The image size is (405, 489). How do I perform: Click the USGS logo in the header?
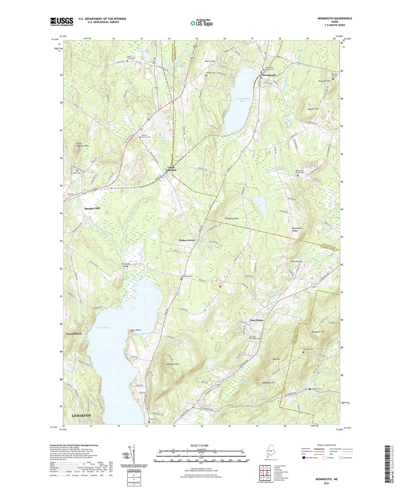(x=62, y=21)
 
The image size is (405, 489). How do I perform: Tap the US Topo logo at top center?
(x=201, y=23)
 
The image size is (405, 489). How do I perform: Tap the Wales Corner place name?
(x=187, y=240)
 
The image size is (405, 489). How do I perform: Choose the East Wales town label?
(x=256, y=320)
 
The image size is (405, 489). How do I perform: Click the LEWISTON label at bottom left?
(x=82, y=415)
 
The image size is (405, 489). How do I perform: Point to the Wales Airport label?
(x=296, y=261)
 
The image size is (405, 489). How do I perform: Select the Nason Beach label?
(x=74, y=334)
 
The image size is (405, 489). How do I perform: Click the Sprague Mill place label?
(x=92, y=208)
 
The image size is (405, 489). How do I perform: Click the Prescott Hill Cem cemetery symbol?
(x=333, y=79)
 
